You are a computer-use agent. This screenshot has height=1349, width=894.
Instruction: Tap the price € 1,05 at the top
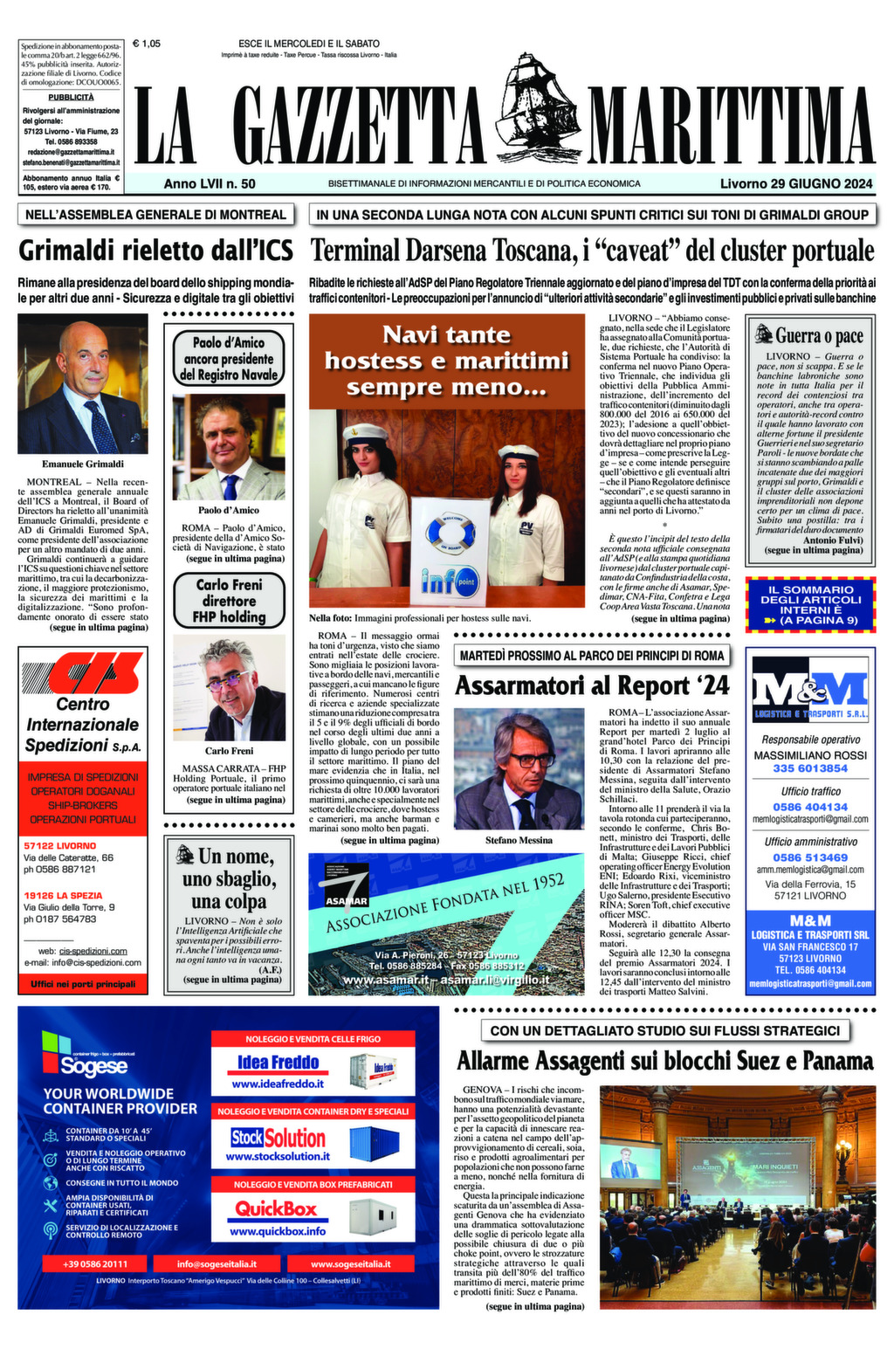click(x=147, y=43)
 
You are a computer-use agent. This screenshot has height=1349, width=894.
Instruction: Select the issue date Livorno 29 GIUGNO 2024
click(x=796, y=184)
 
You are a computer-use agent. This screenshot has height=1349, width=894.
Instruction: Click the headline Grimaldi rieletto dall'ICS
click(x=156, y=251)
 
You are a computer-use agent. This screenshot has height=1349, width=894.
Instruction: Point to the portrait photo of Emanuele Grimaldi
click(x=83, y=383)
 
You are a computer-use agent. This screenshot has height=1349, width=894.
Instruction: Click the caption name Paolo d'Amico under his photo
click(x=228, y=510)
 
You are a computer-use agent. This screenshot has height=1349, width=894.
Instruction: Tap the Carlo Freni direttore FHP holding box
click(x=229, y=601)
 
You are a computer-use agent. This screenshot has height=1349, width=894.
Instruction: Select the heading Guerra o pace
click(x=808, y=335)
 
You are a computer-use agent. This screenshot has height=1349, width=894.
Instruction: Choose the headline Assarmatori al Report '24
click(x=591, y=685)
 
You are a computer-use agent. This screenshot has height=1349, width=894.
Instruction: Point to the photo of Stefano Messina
click(x=519, y=768)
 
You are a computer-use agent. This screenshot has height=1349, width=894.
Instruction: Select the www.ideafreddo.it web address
click(x=278, y=1084)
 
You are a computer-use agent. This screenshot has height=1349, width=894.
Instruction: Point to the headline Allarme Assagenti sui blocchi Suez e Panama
click(x=664, y=1061)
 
